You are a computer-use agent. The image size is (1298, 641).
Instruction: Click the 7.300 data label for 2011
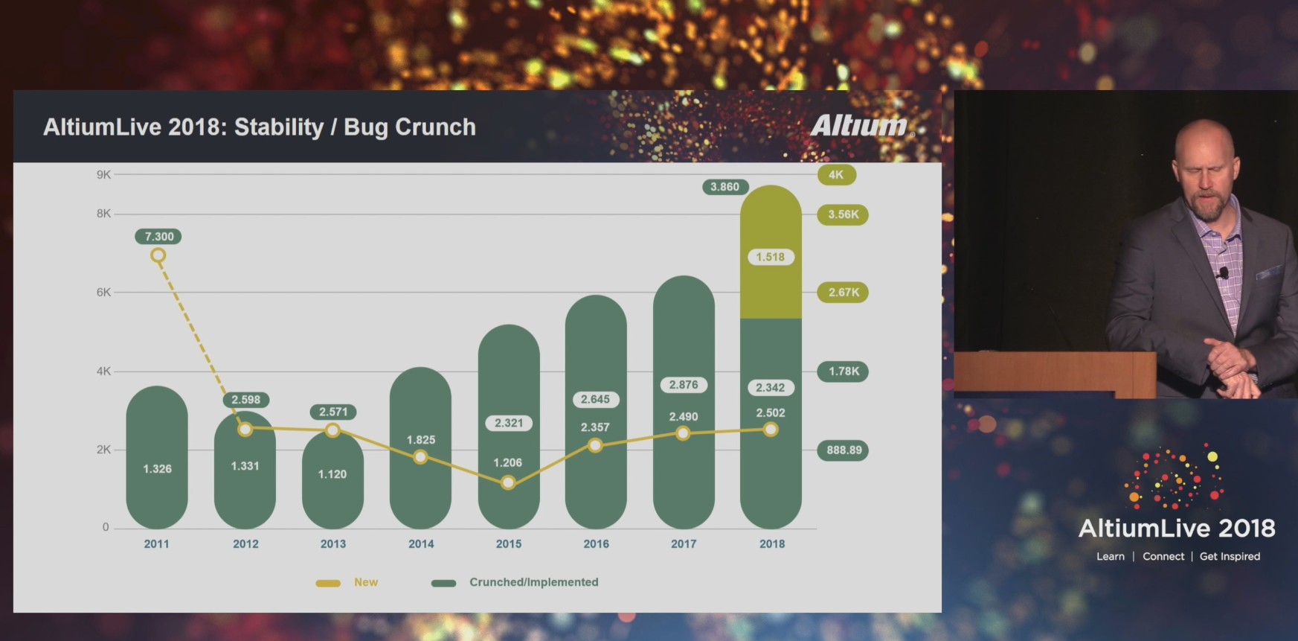[158, 237]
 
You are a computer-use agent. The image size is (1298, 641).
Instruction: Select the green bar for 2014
[420, 447]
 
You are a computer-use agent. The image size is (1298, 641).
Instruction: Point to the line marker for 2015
[508, 482]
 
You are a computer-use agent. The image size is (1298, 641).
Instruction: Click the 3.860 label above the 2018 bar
[725, 187]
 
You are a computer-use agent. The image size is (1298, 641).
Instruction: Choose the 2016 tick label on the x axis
[596, 544]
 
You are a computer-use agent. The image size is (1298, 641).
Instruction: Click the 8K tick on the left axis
[103, 214]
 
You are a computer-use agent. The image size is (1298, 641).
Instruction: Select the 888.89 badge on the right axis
[844, 450]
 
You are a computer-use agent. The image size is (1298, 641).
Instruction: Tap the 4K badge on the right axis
[837, 175]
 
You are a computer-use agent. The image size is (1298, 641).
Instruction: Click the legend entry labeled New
[347, 582]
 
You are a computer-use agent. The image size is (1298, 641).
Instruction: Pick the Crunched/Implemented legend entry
[515, 582]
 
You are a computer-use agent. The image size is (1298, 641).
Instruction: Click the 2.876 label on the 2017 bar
[684, 385]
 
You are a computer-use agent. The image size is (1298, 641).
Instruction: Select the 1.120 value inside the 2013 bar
[332, 474]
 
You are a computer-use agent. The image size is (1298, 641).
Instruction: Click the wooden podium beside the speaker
[1055, 374]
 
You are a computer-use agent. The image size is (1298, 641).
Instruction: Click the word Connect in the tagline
[1163, 556]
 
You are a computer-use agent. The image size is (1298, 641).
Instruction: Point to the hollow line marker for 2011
[158, 255]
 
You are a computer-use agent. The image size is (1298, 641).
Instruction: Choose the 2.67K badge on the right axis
[844, 293]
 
